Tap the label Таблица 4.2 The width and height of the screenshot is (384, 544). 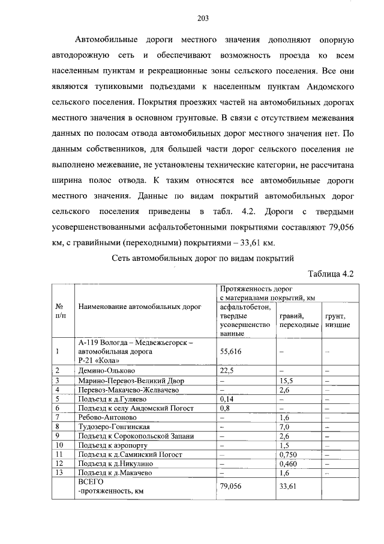(x=331, y=274)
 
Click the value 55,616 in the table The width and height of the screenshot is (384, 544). (x=231, y=352)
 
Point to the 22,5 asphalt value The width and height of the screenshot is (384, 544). (x=227, y=370)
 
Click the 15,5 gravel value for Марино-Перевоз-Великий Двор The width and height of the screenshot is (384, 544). (x=286, y=380)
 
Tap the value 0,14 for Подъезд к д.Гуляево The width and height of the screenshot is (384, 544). (x=227, y=399)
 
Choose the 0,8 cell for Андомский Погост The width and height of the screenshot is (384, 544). (x=226, y=408)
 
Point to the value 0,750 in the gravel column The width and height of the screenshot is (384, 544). (x=288, y=454)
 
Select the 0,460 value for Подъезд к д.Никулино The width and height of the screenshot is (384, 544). (x=288, y=463)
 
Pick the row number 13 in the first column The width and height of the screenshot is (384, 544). (x=59, y=472)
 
